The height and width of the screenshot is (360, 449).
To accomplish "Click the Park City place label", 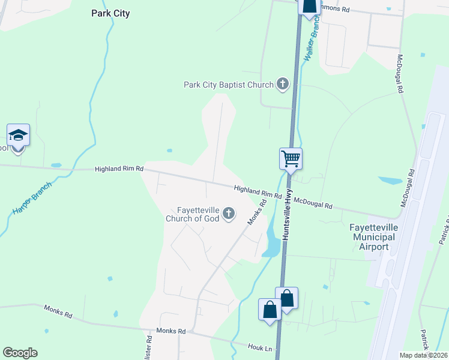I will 110,13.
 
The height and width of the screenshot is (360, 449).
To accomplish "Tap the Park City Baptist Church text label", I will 228,85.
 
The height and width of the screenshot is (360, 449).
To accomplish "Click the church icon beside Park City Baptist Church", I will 283,85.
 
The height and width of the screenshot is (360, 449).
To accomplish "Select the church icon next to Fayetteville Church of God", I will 228,214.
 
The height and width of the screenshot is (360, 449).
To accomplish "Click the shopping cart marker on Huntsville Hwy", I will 291,160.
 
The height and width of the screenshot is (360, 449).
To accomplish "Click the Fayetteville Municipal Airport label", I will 372,232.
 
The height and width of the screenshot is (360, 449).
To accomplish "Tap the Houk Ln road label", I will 260,346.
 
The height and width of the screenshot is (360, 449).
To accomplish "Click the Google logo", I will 20,353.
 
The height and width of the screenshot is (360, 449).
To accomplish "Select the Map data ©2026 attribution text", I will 423,355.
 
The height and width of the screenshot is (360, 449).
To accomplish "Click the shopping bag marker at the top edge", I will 309,6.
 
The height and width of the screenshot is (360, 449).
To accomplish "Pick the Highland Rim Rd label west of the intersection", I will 119,170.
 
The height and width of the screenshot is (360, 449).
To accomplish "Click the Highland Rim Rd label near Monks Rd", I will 258,192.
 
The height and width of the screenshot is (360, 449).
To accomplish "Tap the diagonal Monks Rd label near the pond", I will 256,213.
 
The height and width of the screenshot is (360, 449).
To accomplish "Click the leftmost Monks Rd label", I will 58,311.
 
